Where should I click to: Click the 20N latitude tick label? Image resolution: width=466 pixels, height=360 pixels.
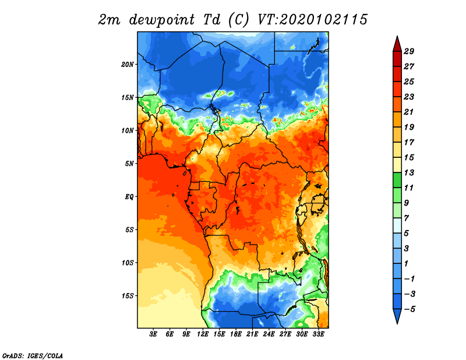pos(128,65)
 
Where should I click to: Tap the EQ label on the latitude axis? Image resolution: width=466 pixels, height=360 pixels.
pos(129,197)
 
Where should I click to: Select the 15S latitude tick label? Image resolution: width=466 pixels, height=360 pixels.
pos(128,296)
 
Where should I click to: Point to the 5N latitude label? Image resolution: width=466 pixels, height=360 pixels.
pos(129,164)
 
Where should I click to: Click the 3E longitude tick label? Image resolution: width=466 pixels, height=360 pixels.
pos(153,334)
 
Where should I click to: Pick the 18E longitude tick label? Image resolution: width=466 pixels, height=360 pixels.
pos(236,334)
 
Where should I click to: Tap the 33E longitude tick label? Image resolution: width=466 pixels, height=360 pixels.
pos(318,334)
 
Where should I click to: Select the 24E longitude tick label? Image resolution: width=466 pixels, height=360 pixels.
pos(269,334)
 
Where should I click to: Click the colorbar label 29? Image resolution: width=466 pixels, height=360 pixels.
pos(409,51)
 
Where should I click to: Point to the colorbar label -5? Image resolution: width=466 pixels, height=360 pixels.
pos(409,309)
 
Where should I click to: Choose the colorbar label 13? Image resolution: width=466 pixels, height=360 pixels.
pos(409,172)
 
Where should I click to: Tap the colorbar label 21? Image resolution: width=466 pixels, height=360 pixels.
pos(409,112)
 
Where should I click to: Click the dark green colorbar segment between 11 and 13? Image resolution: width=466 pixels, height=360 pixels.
pos(397,180)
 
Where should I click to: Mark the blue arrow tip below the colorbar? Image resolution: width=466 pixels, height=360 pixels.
pos(397,323)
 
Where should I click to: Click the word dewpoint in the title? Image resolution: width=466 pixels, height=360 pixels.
pos(162,20)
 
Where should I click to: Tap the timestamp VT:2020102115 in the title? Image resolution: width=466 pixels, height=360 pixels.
pos(312,20)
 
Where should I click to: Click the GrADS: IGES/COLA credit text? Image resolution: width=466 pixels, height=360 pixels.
pos(33,355)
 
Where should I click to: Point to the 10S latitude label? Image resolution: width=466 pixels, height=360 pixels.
pos(128,263)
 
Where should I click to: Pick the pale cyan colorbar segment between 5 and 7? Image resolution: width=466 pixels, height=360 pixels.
pos(397,225)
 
